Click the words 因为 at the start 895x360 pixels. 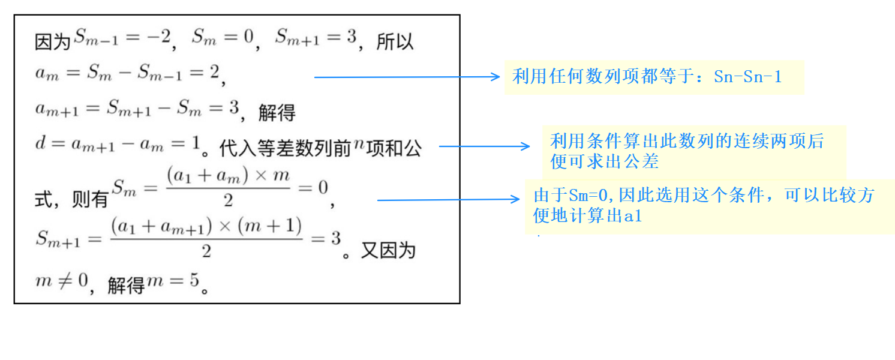tap(52, 42)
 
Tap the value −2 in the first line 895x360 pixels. tap(160, 37)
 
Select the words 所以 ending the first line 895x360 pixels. tap(395, 41)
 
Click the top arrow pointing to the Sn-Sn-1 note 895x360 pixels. tap(407, 77)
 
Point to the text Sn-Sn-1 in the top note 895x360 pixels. tap(747, 77)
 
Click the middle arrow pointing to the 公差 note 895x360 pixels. tap(484, 146)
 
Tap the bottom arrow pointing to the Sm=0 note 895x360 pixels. tap(448, 199)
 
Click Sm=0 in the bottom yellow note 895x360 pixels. tap(588, 196)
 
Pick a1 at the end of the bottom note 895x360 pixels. tap(633, 216)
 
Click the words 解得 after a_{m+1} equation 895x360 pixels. tap(277, 113)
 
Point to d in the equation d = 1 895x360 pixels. tap(40, 143)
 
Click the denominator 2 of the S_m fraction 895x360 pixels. tap(228, 200)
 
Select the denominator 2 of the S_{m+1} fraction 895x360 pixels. tap(206, 251)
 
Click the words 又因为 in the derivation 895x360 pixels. tap(388, 251)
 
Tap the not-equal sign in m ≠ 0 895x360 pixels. tap(65, 280)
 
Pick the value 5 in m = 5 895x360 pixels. tap(194, 280)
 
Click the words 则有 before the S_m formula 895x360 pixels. tap(90, 199)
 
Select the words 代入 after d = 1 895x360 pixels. tap(238, 148)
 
